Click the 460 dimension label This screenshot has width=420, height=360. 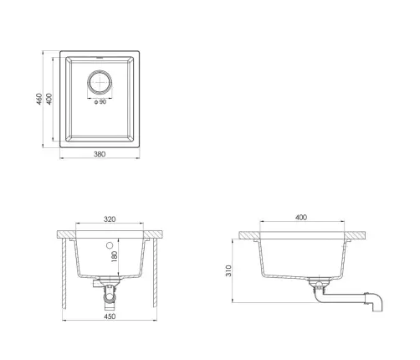(x=39, y=99)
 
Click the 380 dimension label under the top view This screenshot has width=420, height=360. (x=100, y=154)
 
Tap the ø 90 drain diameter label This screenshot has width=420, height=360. (x=100, y=102)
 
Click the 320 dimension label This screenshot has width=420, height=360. (x=110, y=219)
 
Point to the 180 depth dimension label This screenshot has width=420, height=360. (x=115, y=256)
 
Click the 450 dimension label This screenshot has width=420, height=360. (x=110, y=316)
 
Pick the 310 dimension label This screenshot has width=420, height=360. (x=228, y=270)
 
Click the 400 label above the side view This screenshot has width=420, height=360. (x=301, y=218)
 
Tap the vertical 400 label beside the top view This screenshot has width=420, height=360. (x=49, y=99)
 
